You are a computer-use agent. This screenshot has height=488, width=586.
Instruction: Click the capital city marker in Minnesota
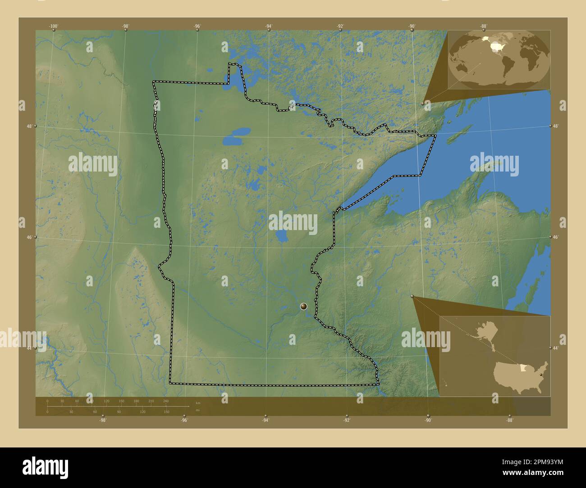point(304,307)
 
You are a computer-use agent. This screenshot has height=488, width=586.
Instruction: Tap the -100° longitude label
point(54,26)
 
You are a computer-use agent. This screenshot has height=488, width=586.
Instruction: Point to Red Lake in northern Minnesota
point(237,136)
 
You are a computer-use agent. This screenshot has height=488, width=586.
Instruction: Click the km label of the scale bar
point(198,403)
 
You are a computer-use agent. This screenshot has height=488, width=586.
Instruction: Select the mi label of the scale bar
point(198,410)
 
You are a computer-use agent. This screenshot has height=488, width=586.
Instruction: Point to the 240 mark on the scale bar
point(165,401)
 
